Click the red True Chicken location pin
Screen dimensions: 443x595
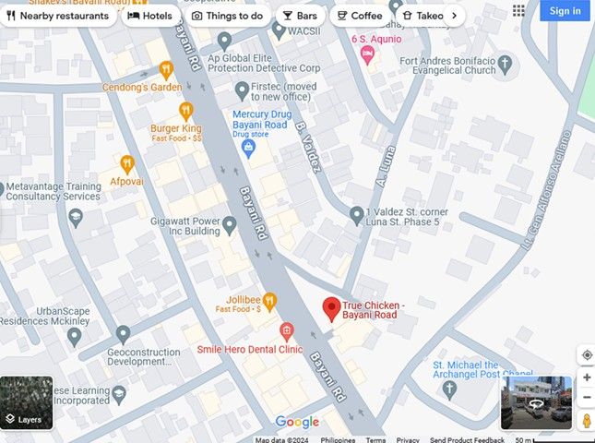[x=331, y=309]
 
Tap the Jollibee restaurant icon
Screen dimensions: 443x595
[x=269, y=300]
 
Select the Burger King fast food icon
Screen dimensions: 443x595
[x=185, y=111]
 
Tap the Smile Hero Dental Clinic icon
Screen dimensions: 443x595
[x=286, y=331]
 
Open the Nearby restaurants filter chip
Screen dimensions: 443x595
[x=57, y=16]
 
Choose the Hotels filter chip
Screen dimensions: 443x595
[x=150, y=16]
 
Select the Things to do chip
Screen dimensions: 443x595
[x=227, y=16]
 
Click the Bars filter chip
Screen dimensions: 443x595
[x=299, y=16]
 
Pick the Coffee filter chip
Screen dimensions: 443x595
[x=358, y=16]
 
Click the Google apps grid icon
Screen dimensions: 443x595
[x=518, y=11]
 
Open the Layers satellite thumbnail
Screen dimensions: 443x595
[x=27, y=403]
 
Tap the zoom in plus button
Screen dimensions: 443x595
[x=587, y=377]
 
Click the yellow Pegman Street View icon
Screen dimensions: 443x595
[x=587, y=421]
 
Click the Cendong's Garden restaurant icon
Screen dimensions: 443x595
[x=166, y=69]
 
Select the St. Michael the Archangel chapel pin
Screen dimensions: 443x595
[x=448, y=390]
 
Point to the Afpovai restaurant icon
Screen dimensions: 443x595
[x=127, y=164]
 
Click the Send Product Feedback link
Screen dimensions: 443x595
[x=467, y=440]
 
